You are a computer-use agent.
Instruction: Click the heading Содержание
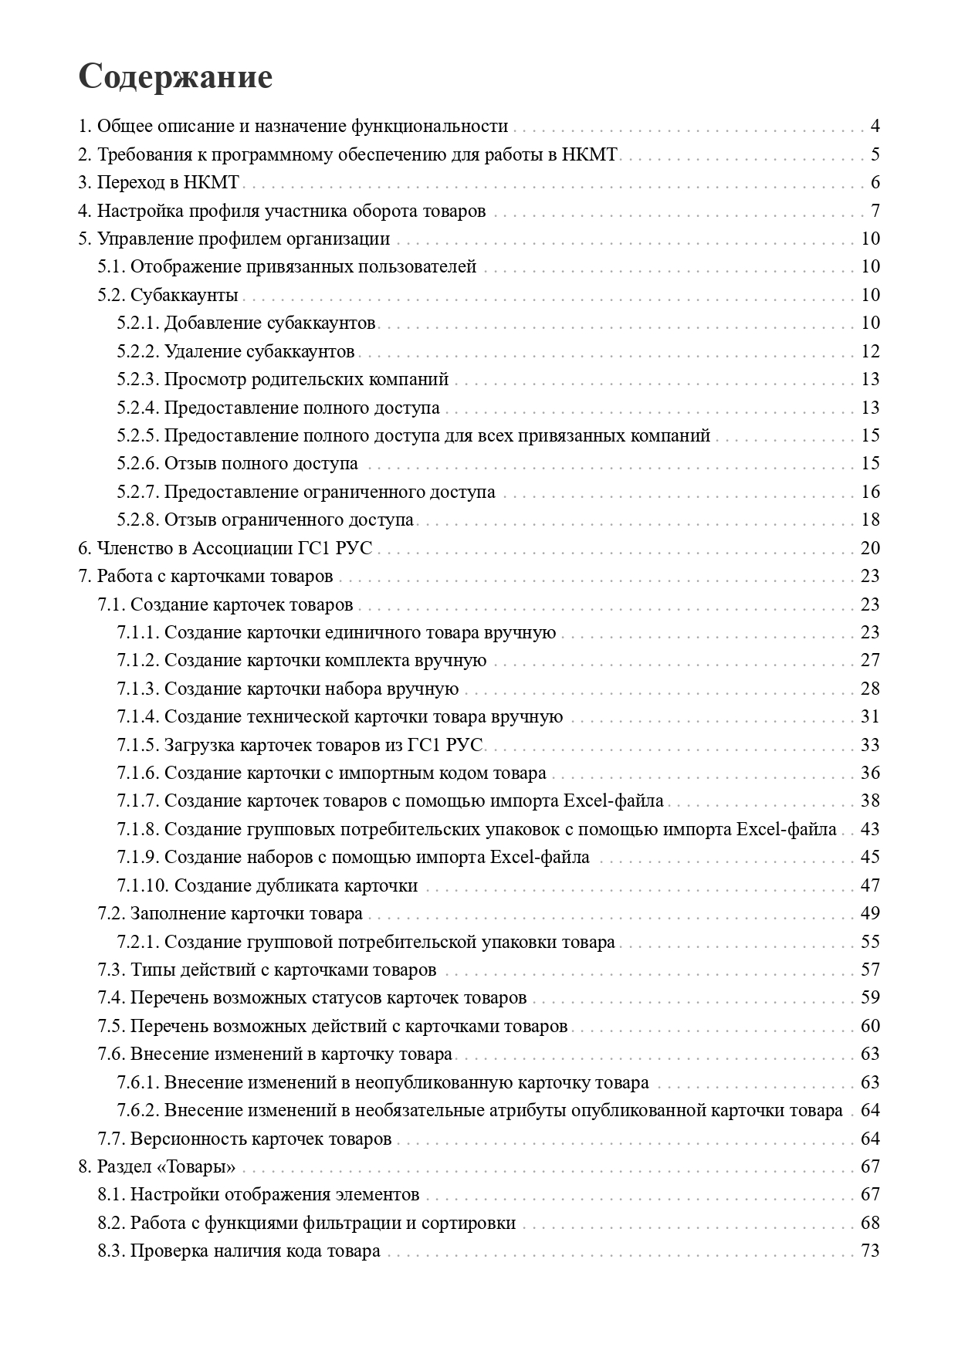pos(175,77)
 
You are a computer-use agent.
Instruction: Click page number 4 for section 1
pos(875,127)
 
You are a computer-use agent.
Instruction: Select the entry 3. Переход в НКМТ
pos(160,183)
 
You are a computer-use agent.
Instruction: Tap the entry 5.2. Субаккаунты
pos(168,295)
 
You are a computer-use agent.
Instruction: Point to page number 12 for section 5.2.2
pos(870,351)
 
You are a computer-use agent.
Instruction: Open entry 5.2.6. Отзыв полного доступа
pos(238,464)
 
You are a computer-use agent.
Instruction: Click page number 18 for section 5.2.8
pos(870,520)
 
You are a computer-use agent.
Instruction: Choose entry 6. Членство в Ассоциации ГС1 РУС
pos(225,548)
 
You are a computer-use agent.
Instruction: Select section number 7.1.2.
pos(138,661)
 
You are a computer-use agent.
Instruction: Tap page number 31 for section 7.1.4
pos(870,716)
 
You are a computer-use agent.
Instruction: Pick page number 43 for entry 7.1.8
pos(870,829)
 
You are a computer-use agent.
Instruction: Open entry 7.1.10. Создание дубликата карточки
pos(267,885)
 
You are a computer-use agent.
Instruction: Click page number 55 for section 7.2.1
pos(870,942)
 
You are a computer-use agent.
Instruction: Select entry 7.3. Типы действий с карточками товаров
pos(267,970)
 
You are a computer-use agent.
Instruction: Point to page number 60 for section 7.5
pos(870,1026)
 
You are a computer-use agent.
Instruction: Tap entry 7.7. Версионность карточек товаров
pos(245,1139)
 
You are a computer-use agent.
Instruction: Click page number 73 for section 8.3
pos(870,1251)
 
